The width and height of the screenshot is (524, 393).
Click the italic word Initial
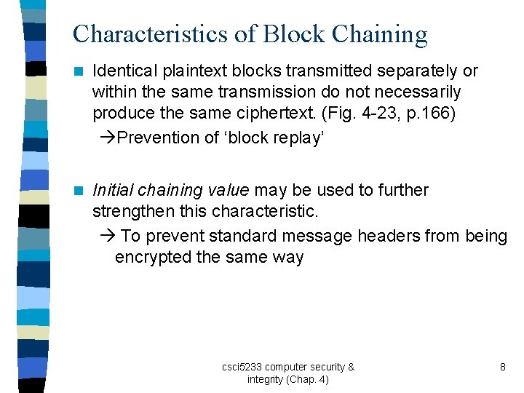click(113, 190)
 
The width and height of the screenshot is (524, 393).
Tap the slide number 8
click(502, 367)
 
